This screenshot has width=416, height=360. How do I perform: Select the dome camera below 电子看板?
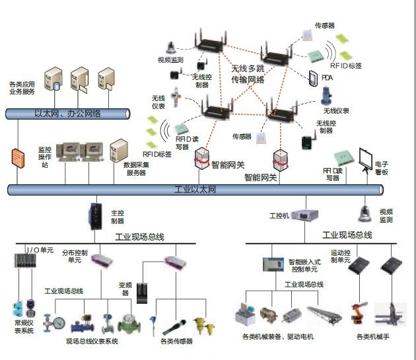click(x=364, y=211)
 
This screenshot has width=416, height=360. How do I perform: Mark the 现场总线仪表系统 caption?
click(x=92, y=342)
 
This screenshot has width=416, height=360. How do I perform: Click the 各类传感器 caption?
click(x=176, y=342)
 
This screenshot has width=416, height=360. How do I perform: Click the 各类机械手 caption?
click(x=374, y=337)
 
